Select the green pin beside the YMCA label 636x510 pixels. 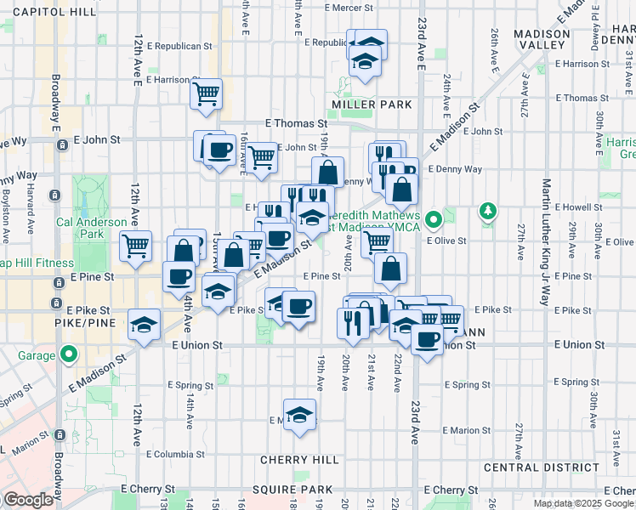tap(434, 221)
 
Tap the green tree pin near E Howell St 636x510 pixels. tap(487, 210)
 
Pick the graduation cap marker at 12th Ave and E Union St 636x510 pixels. tap(144, 324)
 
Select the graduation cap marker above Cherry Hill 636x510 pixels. tap(298, 414)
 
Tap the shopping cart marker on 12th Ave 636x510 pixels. tap(135, 246)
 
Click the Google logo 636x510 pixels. tap(28, 500)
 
